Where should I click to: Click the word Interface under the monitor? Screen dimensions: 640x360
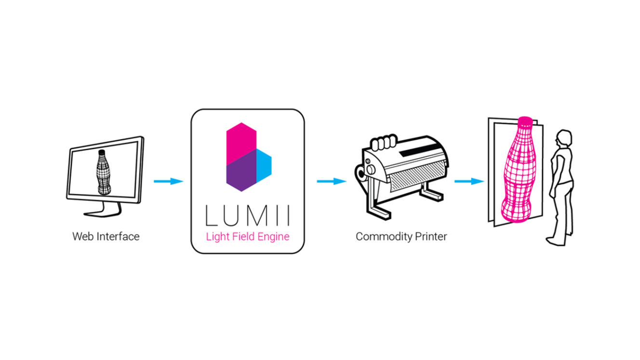click(x=118, y=237)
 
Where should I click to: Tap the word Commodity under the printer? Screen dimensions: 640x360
click(x=384, y=237)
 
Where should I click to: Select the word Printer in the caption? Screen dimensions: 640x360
click(x=431, y=237)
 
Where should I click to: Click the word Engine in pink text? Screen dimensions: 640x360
click(x=273, y=237)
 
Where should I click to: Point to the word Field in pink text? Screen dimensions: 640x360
click(x=243, y=237)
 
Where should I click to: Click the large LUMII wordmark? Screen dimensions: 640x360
click(x=248, y=215)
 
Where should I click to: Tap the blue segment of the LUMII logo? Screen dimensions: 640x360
click(x=264, y=165)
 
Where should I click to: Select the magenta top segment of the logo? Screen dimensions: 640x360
click(x=241, y=143)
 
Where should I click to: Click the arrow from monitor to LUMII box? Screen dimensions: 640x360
click(x=169, y=181)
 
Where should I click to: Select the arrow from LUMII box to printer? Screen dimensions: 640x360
click(x=332, y=181)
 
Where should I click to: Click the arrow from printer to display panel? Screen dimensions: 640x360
click(x=469, y=181)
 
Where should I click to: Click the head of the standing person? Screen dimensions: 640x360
click(x=564, y=138)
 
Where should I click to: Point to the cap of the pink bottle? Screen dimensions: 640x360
click(x=525, y=121)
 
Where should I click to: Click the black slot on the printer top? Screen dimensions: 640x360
click(x=420, y=150)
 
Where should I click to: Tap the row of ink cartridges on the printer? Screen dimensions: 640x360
click(x=384, y=142)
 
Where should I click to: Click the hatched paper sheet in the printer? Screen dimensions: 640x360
click(x=417, y=176)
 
